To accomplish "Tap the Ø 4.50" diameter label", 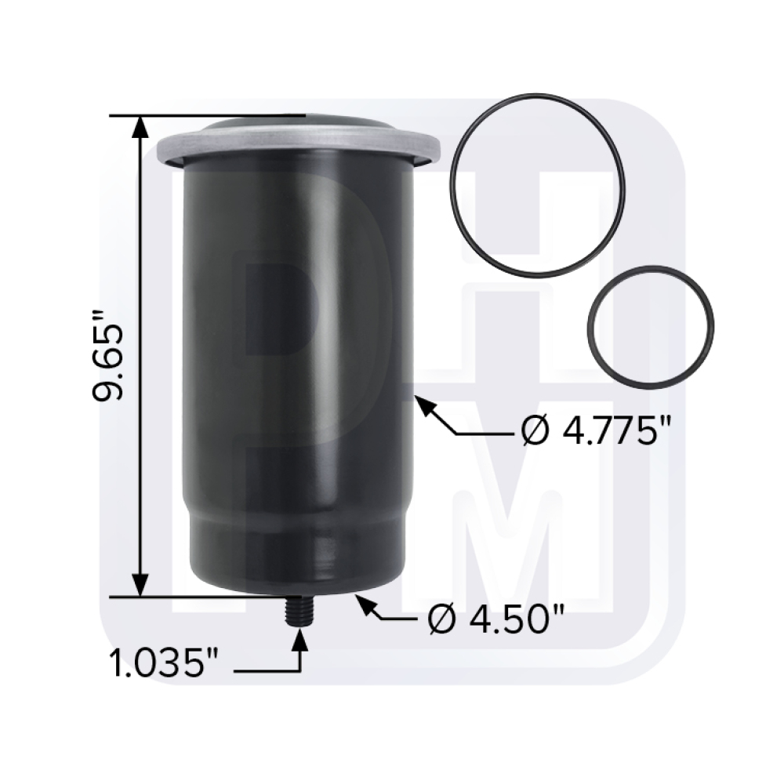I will tap(497, 622).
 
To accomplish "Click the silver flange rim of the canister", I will tap(298, 149).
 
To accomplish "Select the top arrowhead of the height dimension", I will tap(140, 129).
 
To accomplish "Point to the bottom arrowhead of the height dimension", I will tap(140, 585).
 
